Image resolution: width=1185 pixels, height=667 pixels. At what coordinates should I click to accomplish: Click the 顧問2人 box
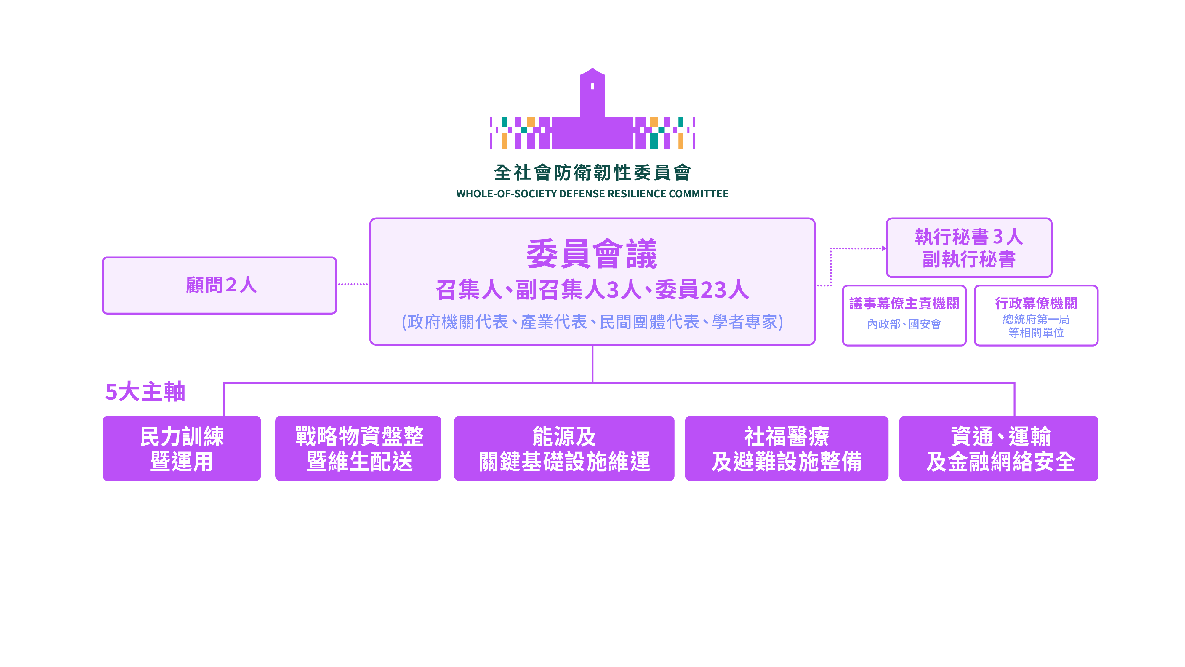[x=220, y=285]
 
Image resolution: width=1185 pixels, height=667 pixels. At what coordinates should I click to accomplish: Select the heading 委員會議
[x=592, y=254]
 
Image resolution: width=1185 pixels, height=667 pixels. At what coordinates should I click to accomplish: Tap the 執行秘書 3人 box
[x=969, y=248]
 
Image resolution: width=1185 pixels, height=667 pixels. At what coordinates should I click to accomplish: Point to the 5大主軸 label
[x=145, y=392]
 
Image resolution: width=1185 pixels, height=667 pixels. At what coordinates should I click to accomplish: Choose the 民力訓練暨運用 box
[x=182, y=449]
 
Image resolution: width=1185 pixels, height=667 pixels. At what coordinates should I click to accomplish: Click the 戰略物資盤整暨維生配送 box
[x=358, y=449]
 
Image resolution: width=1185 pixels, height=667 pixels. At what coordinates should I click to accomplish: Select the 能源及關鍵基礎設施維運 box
[x=564, y=449]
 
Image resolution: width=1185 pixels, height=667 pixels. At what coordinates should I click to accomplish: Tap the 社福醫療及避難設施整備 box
[x=787, y=449]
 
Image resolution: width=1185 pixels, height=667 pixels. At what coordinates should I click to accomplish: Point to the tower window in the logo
[x=592, y=86]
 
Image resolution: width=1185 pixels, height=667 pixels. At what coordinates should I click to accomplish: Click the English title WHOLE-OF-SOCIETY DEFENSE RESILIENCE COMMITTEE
[x=592, y=194]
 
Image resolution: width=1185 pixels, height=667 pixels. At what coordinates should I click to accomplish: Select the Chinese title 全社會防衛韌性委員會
[x=592, y=173]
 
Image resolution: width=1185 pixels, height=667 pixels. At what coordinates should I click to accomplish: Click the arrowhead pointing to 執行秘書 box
[x=884, y=249]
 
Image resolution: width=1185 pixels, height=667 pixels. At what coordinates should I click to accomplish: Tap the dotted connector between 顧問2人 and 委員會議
[x=353, y=285]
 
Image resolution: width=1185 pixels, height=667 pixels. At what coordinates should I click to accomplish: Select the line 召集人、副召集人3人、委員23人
[x=592, y=290]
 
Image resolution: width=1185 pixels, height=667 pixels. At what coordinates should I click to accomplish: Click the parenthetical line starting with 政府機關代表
[x=592, y=322]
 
